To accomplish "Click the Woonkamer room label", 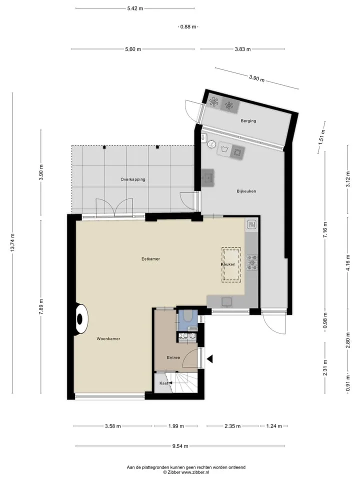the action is click(x=108, y=338).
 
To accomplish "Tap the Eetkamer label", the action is click(x=150, y=258).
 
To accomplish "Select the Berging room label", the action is click(x=248, y=121).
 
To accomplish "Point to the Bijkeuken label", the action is click(x=246, y=191).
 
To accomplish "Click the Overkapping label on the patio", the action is click(x=133, y=179).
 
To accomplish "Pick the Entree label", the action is click(x=173, y=357).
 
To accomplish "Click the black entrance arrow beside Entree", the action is click(x=209, y=359).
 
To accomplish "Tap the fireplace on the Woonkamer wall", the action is click(x=81, y=319).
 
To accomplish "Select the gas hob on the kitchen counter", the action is click(x=252, y=262).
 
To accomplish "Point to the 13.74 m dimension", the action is click(x=12, y=242).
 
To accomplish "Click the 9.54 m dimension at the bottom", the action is click(x=180, y=446).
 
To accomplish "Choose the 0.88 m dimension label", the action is click(x=188, y=27).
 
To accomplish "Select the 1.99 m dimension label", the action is click(x=176, y=426).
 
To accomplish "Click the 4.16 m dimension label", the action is click(x=348, y=262).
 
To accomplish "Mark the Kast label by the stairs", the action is click(x=163, y=383).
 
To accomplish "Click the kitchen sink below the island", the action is click(x=227, y=301).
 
